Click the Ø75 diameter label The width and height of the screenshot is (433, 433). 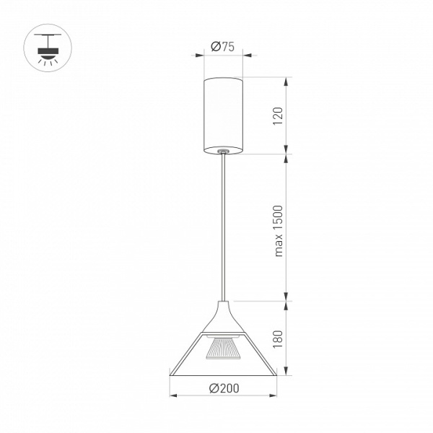222,46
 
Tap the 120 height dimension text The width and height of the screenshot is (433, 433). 278,116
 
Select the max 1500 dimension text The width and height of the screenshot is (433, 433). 279,231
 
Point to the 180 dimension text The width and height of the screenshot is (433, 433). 278,339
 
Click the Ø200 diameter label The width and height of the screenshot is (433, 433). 224,388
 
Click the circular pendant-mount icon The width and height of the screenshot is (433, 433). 48,48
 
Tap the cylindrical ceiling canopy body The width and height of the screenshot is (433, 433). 223,115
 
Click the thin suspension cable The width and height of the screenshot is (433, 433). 223,227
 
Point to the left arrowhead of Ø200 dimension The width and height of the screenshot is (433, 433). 173,395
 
